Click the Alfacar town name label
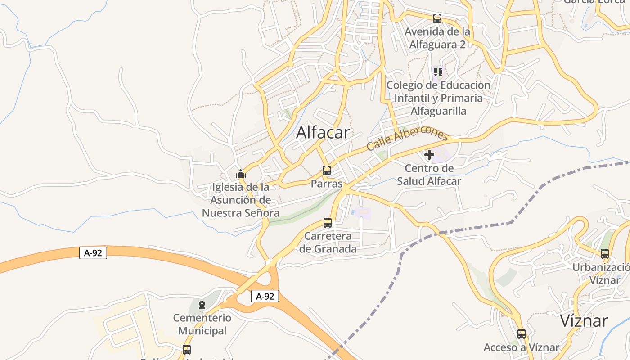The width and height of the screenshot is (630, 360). click(x=323, y=132)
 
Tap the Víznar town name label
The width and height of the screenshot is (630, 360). click(x=584, y=321)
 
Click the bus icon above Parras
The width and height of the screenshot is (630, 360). click(x=327, y=171)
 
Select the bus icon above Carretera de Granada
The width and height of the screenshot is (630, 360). click(x=328, y=223)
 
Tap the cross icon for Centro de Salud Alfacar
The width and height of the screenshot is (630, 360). click(x=429, y=155)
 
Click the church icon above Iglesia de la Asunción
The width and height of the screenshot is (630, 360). click(x=241, y=174)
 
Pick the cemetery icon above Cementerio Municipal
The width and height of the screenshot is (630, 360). click(x=202, y=305)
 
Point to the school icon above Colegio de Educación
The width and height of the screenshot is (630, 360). click(x=438, y=72)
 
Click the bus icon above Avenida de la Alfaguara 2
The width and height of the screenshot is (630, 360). click(x=437, y=18)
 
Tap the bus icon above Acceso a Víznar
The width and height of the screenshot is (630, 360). click(x=521, y=334)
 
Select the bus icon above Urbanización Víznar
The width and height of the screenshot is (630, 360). click(x=605, y=253)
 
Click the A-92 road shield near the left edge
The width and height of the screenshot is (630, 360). click(x=93, y=253)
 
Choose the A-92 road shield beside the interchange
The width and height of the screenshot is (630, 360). click(x=265, y=296)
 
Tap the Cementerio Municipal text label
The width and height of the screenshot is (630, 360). click(x=202, y=324)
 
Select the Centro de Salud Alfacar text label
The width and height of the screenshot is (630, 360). click(x=429, y=175)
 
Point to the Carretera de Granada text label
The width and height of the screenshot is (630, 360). click(x=328, y=243)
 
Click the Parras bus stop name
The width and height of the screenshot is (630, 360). click(x=327, y=184)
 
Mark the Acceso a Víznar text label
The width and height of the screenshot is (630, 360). click(x=521, y=347)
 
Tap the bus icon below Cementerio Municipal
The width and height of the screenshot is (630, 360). click(x=186, y=349)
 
